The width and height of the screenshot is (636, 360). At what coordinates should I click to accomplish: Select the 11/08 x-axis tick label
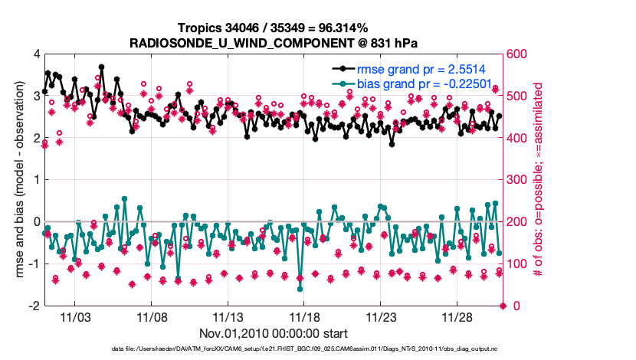(152, 316)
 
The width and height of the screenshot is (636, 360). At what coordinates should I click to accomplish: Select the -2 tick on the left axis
(33, 306)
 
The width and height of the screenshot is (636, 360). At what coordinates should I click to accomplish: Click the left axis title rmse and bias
(16, 180)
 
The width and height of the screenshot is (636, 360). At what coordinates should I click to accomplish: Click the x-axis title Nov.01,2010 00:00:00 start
(274, 333)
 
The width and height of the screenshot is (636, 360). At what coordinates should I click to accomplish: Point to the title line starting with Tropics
(274, 28)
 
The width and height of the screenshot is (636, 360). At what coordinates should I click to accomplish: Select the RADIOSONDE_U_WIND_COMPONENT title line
(274, 43)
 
